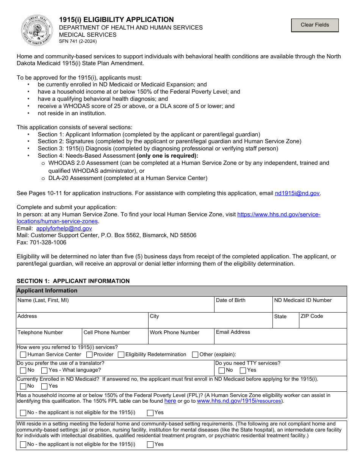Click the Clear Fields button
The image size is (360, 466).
pyautogui.click(x=315, y=25)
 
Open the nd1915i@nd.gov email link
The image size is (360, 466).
pyautogui.click(x=297, y=193)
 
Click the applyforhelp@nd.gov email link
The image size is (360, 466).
pyautogui.click(x=64, y=228)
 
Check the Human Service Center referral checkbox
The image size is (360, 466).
pyautogui.click(x=23, y=355)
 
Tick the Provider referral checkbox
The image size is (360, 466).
pyautogui.click(x=89, y=355)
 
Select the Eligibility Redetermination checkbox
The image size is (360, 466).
pyautogui.click(x=121, y=355)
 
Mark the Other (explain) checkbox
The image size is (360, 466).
pyautogui.click(x=195, y=355)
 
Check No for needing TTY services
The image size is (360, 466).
pyautogui.click(x=222, y=370)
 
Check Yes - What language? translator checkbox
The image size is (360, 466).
pyautogui.click(x=44, y=370)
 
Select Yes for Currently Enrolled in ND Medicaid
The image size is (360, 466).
pyautogui.click(x=44, y=386)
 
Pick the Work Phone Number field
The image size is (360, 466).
pyautogui.click(x=181, y=338)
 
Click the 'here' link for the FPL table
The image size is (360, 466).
pyautogui.click(x=170, y=401)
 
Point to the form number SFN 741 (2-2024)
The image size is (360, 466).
pyautogui.click(x=78, y=41)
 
